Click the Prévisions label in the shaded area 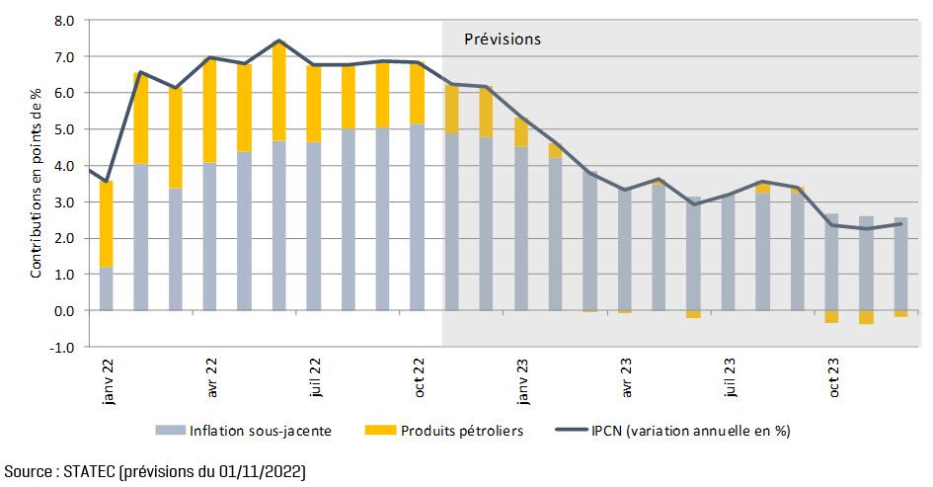coord(503,40)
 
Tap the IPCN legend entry coord(681,431)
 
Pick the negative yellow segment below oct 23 coord(831,317)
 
